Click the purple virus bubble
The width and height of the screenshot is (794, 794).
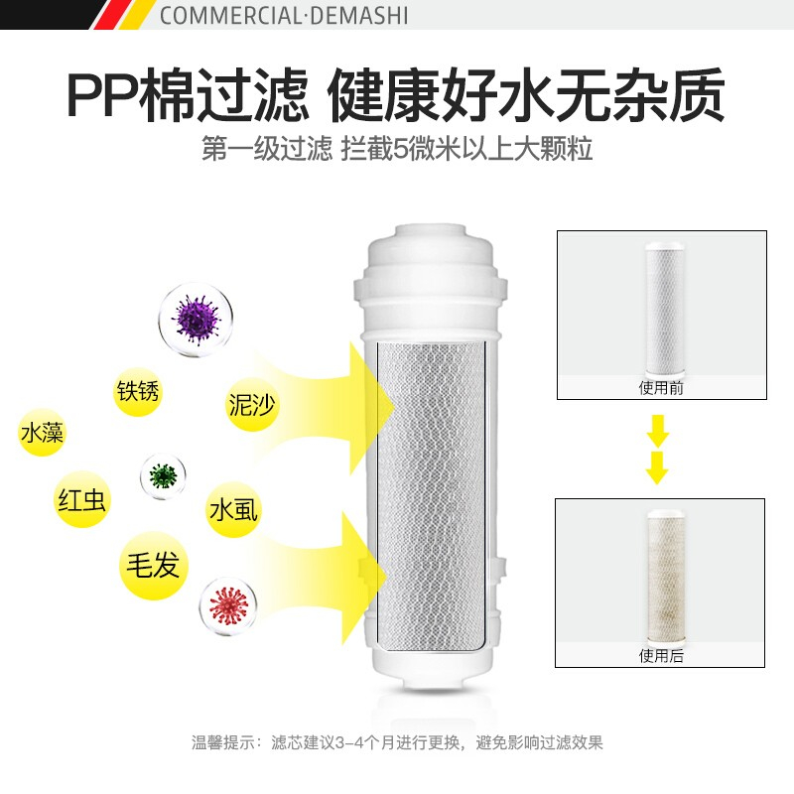pos(196,320)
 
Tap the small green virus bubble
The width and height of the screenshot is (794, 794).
pos(163,476)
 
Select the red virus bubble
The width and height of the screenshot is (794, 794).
pos(228,606)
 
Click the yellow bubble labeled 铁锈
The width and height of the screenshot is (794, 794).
pos(137,391)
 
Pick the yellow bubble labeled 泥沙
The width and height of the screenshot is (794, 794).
pos(252,405)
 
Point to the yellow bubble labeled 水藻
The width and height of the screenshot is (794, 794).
pos(42,433)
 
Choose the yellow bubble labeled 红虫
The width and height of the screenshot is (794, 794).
pos(81,500)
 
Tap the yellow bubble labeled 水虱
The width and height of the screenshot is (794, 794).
pos(233,510)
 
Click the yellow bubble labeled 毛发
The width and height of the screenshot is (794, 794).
pos(154,565)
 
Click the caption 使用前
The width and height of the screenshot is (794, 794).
pos(661,388)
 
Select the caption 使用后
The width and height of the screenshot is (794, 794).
pos(661,656)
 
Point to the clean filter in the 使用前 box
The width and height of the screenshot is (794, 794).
pos(665,308)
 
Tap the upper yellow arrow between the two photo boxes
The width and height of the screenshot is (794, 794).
pos(657,431)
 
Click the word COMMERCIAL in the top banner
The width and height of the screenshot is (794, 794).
pos(231,15)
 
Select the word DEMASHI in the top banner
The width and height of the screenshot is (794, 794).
pos(359,15)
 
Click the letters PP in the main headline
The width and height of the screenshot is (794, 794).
pos(103,96)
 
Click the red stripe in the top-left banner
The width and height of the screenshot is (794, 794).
pos(108,15)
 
